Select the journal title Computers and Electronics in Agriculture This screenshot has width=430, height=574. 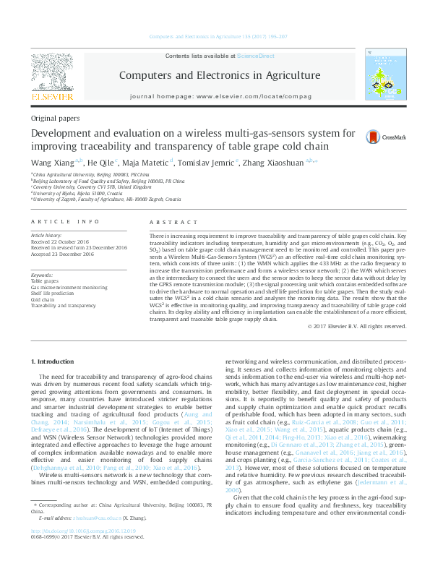(219, 75)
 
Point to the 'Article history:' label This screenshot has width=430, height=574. (47, 235)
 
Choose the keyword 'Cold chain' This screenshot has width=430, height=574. (43, 299)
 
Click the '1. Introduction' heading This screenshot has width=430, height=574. (55, 360)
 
